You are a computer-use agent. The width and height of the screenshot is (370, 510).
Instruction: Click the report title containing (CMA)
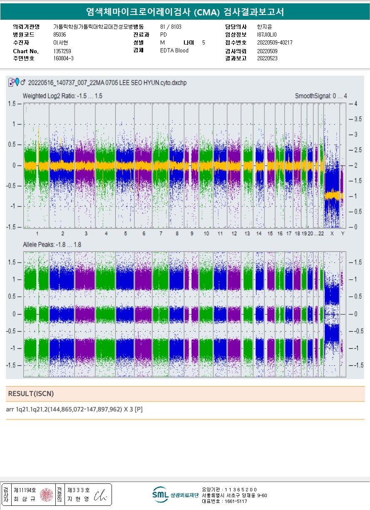click(x=185, y=12)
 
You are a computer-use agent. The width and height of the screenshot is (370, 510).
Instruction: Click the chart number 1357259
click(x=62, y=51)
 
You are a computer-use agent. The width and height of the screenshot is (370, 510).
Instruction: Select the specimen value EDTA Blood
click(x=174, y=51)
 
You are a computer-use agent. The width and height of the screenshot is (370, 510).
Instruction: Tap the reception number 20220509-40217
click(x=275, y=43)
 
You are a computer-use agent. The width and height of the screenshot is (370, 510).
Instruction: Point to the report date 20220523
click(x=267, y=59)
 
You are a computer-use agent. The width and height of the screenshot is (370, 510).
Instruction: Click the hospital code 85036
click(x=60, y=35)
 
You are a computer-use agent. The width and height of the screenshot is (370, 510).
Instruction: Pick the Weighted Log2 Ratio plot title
click(x=62, y=96)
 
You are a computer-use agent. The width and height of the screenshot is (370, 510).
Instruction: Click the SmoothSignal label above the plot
click(x=320, y=96)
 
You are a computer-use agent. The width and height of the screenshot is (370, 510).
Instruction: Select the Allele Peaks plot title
click(x=52, y=245)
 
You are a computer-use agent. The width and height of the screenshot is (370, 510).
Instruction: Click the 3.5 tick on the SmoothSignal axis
click(x=358, y=119)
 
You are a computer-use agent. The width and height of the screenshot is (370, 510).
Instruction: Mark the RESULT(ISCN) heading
click(x=31, y=394)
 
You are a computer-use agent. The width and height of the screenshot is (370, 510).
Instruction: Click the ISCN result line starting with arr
click(x=75, y=409)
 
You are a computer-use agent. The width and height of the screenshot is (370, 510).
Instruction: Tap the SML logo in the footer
click(x=160, y=495)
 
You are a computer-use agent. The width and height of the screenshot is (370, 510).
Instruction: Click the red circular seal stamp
click(x=46, y=495)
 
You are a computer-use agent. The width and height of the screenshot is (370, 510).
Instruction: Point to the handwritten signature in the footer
click(x=100, y=495)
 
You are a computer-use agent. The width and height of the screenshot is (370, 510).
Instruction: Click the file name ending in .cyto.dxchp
click(x=107, y=83)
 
